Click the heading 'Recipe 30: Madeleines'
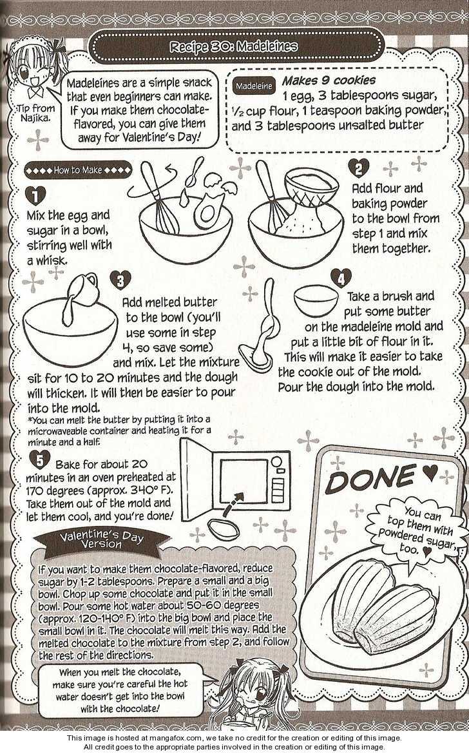(234, 46)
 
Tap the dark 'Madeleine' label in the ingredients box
(254, 86)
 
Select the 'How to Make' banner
(78, 169)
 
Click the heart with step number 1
(35, 196)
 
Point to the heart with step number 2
(358, 168)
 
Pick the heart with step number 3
(120, 280)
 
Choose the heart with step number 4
(341, 278)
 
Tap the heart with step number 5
(40, 459)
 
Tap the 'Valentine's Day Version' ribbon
(101, 539)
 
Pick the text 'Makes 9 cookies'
(329, 80)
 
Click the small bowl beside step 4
(316, 298)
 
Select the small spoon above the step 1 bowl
(195, 171)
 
